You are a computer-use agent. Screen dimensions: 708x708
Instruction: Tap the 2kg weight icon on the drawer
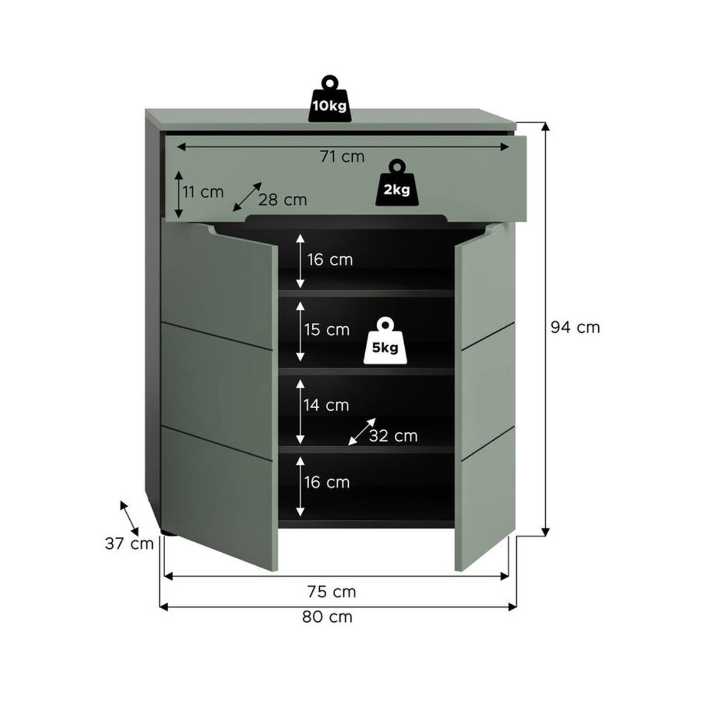pyautogui.click(x=397, y=182)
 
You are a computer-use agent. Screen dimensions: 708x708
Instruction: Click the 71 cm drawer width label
pyautogui.click(x=342, y=157)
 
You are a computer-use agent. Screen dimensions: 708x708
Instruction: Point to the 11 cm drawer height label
pyautogui.click(x=203, y=192)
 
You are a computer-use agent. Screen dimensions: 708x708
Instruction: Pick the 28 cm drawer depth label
pyautogui.click(x=283, y=200)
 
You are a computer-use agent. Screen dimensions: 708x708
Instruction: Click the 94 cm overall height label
pyautogui.click(x=575, y=327)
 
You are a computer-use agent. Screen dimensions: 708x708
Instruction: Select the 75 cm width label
pyautogui.click(x=332, y=592)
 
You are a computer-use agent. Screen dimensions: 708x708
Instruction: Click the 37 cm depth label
pyautogui.click(x=129, y=543)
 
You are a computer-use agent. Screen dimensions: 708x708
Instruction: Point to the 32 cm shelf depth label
pyautogui.click(x=394, y=436)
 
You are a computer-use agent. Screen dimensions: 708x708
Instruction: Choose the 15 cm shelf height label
pyautogui.click(x=327, y=330)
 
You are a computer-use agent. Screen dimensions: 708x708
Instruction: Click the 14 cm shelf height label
pyautogui.click(x=326, y=405)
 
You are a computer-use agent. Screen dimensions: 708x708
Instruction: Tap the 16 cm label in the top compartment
pyautogui.click(x=330, y=260)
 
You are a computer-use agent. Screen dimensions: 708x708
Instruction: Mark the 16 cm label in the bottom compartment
pyautogui.click(x=327, y=482)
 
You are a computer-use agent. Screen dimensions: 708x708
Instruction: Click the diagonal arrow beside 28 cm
pyautogui.click(x=247, y=197)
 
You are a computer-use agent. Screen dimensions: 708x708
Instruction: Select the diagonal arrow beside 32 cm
pyautogui.click(x=362, y=432)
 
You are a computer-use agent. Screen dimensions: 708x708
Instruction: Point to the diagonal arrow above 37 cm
pyautogui.click(x=129, y=517)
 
